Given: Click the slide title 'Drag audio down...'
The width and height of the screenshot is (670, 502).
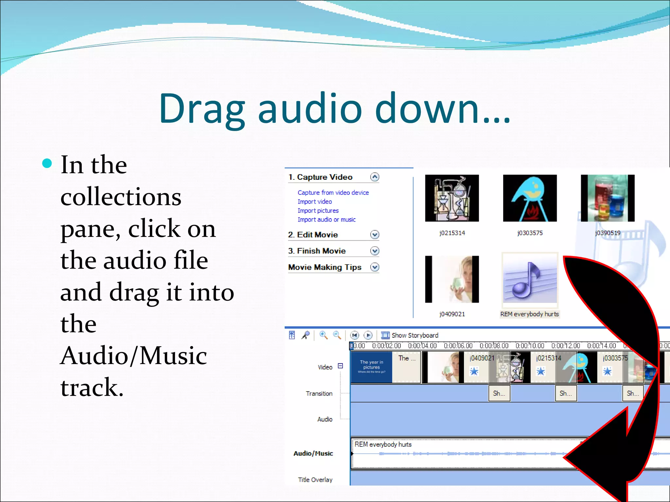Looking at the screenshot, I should pos(334,109).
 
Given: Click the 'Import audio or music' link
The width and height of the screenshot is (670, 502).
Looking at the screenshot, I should pos(326,220).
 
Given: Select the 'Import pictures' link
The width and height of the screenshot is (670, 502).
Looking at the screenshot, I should pos(318,210).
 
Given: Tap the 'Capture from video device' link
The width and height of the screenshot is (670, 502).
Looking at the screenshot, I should pos(333,192).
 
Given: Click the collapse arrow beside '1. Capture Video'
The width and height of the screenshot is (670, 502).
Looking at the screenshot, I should pos(375,177).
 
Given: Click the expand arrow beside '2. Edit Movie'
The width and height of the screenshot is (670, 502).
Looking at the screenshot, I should pos(375,235).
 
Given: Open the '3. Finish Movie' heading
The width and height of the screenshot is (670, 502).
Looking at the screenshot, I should pos(317,251).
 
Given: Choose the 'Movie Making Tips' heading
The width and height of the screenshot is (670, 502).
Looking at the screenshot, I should pos(325,267).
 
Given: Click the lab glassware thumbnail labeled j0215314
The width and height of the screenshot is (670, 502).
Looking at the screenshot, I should pos(452,198).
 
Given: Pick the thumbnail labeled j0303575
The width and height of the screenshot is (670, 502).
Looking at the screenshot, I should pos(530,198).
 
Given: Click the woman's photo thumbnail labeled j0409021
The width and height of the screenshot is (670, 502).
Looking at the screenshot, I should pos(452,279).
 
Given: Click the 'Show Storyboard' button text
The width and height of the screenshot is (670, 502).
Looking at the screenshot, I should pos(414,335).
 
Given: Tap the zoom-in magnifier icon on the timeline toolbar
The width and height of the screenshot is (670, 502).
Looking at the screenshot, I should pos(323,335).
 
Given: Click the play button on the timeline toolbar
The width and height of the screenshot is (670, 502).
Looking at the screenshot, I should pos(368,335).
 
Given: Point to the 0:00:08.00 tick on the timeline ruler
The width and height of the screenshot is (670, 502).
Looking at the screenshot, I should pos(494,346).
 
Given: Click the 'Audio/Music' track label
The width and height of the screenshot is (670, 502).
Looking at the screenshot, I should pos(313,453).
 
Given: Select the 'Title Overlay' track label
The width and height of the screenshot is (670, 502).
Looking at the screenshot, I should pos(315,479).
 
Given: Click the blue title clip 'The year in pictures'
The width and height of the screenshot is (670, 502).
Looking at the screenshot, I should pos(371,367).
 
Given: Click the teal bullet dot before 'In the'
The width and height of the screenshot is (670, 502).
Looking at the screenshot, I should pos(47,163).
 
